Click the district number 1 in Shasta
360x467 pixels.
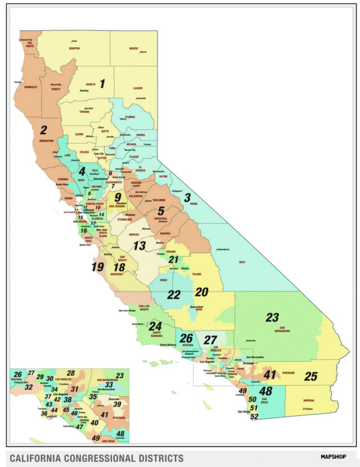(x=102, y=84)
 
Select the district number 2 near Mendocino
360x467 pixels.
(x=43, y=130)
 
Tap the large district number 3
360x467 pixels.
(x=187, y=197)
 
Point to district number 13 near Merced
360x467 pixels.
(x=139, y=245)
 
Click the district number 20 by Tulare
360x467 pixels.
(x=201, y=292)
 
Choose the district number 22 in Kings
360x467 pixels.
(x=174, y=294)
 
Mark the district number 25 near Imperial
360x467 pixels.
(x=310, y=377)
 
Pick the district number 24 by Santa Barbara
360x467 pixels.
(x=155, y=326)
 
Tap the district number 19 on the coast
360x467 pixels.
(x=97, y=267)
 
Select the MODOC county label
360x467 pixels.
(x=133, y=49)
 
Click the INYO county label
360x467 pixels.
(x=242, y=261)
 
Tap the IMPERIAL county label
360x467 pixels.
(x=309, y=401)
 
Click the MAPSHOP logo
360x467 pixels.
(x=334, y=456)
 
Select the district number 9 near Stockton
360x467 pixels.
(x=118, y=197)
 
